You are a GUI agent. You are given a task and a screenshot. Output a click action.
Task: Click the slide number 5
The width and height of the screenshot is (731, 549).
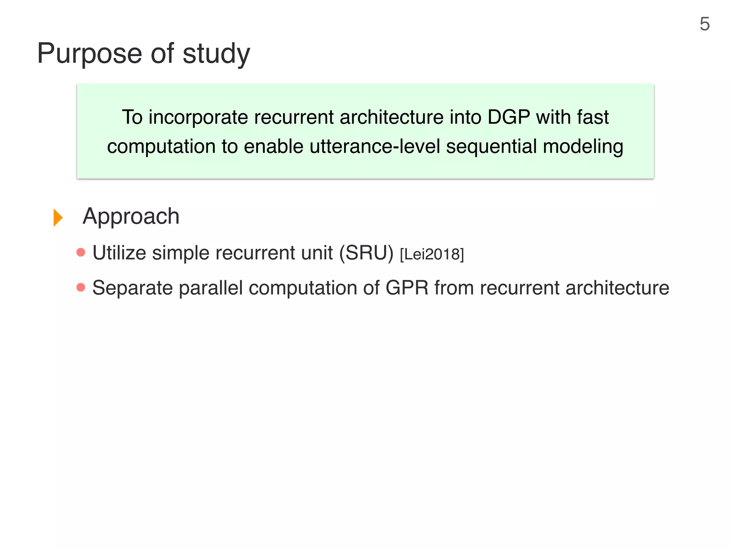click(704, 24)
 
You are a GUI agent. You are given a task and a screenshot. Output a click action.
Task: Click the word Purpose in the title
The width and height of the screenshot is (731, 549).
click(90, 54)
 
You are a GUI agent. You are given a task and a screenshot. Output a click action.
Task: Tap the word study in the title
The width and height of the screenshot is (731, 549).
click(216, 54)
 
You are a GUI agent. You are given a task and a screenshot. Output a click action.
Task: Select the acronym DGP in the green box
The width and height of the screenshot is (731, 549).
click(509, 117)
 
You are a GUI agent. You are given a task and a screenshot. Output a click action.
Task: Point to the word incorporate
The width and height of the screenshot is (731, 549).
click(198, 117)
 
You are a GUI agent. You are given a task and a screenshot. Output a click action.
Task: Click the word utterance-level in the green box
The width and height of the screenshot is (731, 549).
click(375, 147)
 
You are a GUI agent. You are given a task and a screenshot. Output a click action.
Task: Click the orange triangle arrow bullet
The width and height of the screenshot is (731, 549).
click(58, 217)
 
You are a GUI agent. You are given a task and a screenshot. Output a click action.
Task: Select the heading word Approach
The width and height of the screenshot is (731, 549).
click(131, 217)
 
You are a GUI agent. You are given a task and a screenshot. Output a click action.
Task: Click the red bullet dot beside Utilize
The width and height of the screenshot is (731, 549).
click(81, 252)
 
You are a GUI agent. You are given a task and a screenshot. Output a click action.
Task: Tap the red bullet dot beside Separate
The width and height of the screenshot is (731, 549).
click(81, 287)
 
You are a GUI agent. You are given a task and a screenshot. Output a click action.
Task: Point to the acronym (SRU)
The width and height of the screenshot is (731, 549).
click(366, 253)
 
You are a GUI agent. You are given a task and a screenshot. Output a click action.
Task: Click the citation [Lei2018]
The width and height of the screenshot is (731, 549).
click(432, 254)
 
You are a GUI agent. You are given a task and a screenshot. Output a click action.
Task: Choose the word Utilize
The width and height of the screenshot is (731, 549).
click(119, 253)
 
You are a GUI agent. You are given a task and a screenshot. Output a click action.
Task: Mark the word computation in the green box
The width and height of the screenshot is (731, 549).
click(161, 147)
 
